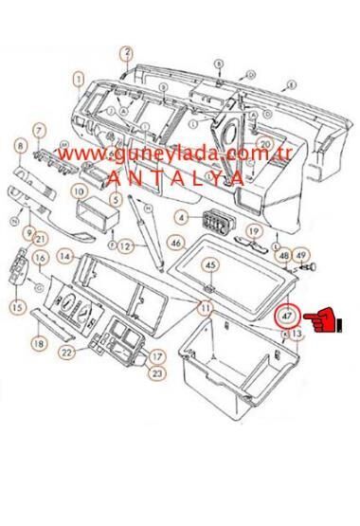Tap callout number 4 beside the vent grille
point(181,218)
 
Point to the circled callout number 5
point(114,200)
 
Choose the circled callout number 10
point(80,190)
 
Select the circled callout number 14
point(65,256)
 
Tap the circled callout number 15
point(16,305)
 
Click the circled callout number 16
point(41,259)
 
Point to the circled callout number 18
point(39,343)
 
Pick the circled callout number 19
point(253,231)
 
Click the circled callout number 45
point(211,264)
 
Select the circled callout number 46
point(175,243)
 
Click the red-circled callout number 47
point(287,315)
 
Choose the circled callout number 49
point(301,255)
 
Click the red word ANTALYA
point(176,177)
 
